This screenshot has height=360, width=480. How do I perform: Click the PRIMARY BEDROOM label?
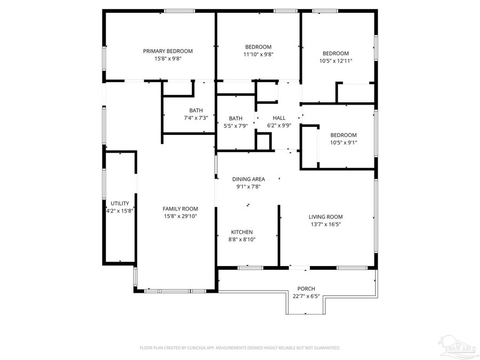[167, 51]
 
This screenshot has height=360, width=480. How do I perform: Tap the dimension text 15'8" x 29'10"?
[180, 217]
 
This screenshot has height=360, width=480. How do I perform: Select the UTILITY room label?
[120, 203]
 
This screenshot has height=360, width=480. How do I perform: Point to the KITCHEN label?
[242, 232]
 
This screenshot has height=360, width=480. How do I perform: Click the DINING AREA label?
[248, 179]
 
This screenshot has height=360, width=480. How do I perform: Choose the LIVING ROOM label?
[325, 217]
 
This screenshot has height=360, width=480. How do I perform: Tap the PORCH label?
[306, 289]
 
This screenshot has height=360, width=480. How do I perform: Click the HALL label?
[279, 118]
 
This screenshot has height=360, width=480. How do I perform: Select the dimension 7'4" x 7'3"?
[196, 118]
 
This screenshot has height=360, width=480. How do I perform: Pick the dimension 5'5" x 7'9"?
[235, 126]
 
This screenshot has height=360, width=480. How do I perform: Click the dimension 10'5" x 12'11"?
[335, 61]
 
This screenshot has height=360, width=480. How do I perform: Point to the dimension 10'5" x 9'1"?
[343, 142]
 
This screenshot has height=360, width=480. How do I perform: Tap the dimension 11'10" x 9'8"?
[258, 54]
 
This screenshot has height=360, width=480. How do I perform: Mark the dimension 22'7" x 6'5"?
[306, 296]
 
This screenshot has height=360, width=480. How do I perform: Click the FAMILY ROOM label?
[180, 209]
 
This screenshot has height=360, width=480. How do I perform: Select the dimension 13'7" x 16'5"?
[325, 225]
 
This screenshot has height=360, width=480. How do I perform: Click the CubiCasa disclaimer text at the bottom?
[239, 348]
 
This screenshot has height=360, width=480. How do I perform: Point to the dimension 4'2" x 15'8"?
[120, 211]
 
